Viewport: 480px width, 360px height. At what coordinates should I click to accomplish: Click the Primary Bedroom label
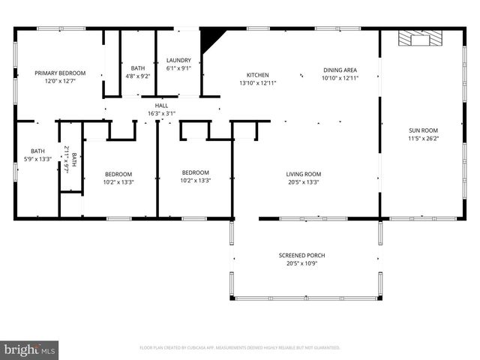click(60, 73)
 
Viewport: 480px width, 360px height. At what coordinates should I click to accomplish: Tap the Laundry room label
click(178, 61)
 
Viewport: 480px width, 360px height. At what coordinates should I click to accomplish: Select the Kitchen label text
click(258, 75)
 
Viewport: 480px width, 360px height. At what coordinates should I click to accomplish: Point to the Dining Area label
click(340, 70)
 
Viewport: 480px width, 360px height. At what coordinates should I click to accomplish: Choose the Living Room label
click(303, 173)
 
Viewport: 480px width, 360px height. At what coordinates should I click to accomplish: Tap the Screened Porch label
click(302, 255)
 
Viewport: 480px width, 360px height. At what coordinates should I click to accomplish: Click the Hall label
click(161, 106)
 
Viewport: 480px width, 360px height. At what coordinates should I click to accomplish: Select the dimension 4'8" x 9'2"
click(138, 76)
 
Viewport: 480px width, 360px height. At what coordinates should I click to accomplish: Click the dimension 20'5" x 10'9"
click(302, 263)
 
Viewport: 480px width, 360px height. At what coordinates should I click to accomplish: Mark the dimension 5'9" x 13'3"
click(37, 158)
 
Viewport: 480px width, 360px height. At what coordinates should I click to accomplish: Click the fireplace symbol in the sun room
click(415, 38)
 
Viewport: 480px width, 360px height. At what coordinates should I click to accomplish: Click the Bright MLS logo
click(30, 349)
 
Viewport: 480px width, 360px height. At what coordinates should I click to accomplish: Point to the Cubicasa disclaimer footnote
click(240, 348)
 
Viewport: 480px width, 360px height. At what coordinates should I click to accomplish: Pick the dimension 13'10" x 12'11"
click(258, 83)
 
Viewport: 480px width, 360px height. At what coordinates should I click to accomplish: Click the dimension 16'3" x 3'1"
click(161, 113)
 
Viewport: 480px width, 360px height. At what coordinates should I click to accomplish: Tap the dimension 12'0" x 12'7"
click(60, 81)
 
